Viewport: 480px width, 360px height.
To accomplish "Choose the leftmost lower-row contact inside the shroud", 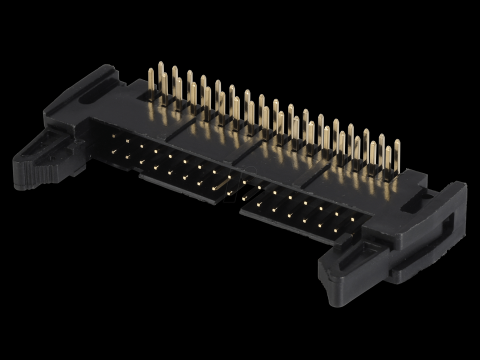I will [x=114, y=151].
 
